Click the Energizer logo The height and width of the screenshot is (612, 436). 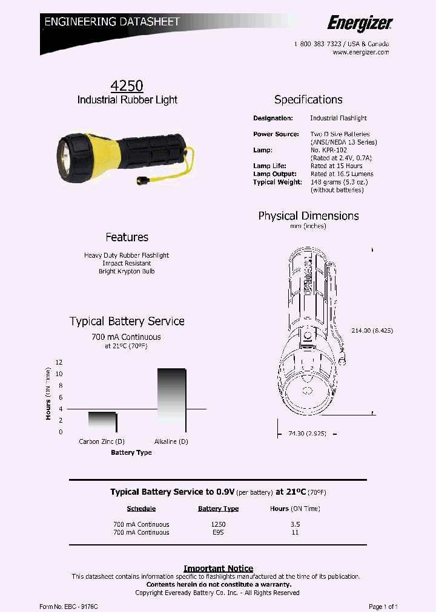pyautogui.click(x=360, y=23)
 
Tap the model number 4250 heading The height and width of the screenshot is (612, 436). pyautogui.click(x=127, y=86)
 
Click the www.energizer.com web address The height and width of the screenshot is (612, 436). pyautogui.click(x=361, y=52)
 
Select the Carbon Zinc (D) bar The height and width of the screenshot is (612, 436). pyautogui.click(x=102, y=422)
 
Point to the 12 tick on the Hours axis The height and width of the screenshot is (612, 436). pyautogui.click(x=59, y=362)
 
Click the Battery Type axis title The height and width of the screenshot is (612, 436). pyautogui.click(x=131, y=452)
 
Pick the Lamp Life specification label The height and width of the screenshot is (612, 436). pyautogui.click(x=269, y=166)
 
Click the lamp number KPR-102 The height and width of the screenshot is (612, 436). pyautogui.click(x=333, y=150)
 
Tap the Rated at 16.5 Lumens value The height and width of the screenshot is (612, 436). pyautogui.click(x=342, y=174)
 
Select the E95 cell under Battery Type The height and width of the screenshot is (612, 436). pyautogui.click(x=218, y=532)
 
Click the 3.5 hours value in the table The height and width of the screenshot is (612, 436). pyautogui.click(x=295, y=524)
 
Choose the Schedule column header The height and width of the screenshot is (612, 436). pyautogui.click(x=141, y=509)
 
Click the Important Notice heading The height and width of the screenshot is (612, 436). pyautogui.click(x=218, y=568)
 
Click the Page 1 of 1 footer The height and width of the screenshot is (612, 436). pyautogui.click(x=383, y=606)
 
